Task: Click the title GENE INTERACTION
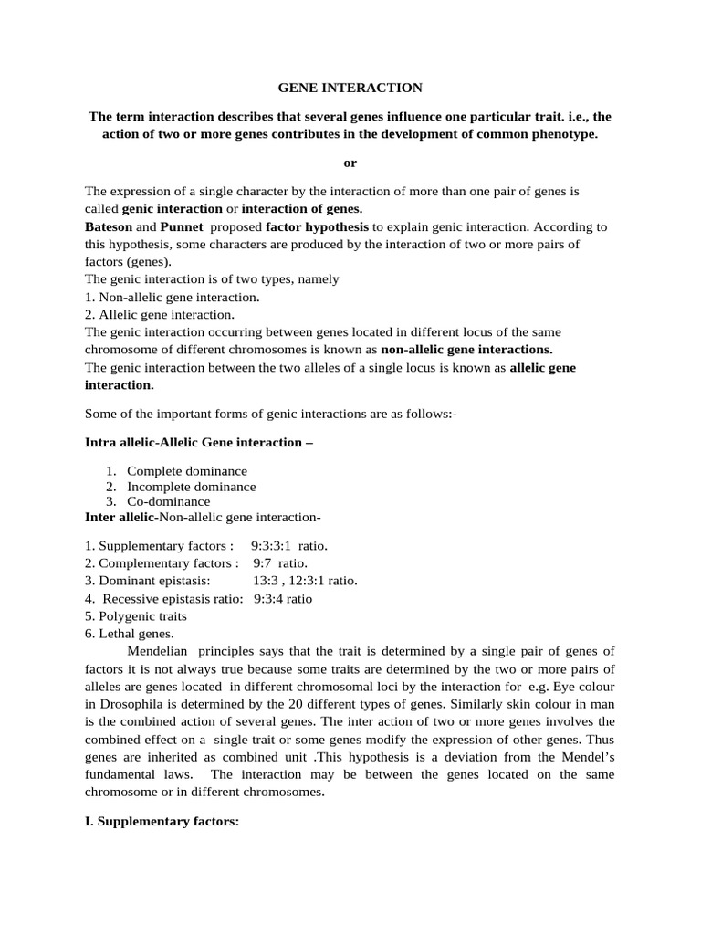point(350,88)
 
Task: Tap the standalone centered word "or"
point(350,163)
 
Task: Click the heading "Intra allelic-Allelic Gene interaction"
point(198,442)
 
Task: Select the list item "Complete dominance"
point(186,471)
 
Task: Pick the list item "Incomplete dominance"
point(191,487)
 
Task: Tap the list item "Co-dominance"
point(168,501)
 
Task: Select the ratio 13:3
point(267,581)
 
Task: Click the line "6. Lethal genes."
point(129,634)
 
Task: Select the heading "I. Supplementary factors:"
point(162,822)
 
